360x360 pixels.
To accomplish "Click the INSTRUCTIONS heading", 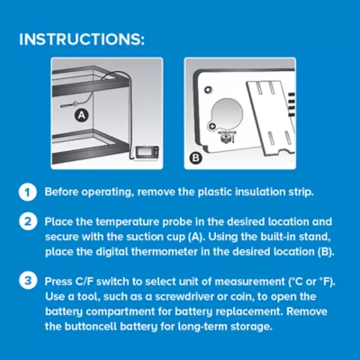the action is [x=82, y=40].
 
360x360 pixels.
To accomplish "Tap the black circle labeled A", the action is [x=81, y=115].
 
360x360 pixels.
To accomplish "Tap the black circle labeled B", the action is [x=196, y=157].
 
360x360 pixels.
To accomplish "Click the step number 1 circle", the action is [x=28, y=192].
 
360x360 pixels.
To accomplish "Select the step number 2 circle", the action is [x=28, y=222].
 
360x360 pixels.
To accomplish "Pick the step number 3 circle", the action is [x=28, y=282].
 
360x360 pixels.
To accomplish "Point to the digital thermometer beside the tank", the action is [x=147, y=152].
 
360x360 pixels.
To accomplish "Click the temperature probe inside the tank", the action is [x=69, y=105].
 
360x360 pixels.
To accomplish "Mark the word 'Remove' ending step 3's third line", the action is [x=306, y=311].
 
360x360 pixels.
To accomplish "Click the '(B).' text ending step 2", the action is [x=326, y=252].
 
